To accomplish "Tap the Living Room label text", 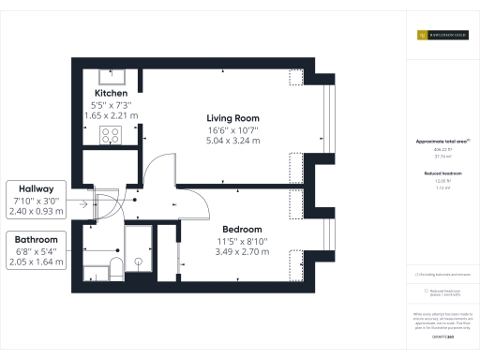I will [233, 117].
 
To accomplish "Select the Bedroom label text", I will [242, 230].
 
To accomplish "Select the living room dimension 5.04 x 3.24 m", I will [233, 141].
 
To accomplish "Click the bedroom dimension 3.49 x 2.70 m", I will [242, 253].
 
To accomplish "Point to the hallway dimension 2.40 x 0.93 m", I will [37, 212].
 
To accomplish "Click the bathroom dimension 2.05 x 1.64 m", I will [37, 262].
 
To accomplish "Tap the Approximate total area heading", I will [440, 142].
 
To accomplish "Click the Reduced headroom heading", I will [440, 174].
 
